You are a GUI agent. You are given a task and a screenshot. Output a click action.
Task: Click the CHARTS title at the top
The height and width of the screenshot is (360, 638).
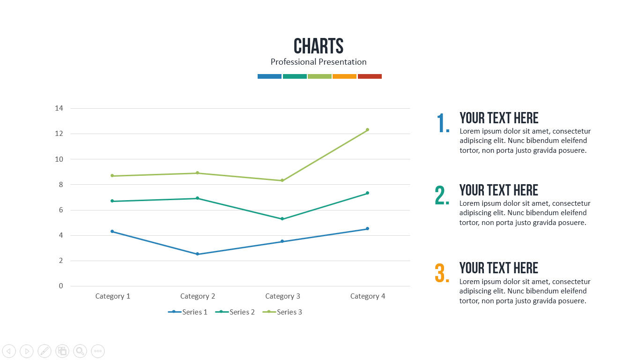(319, 46)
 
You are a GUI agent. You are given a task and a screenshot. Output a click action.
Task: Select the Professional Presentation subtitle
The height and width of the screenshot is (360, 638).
(319, 62)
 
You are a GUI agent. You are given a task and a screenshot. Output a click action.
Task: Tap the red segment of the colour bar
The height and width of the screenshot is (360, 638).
(370, 76)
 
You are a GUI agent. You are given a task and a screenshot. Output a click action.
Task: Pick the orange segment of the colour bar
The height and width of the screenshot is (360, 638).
(345, 76)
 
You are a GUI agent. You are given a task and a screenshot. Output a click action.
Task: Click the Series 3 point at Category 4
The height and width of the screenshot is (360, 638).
(367, 130)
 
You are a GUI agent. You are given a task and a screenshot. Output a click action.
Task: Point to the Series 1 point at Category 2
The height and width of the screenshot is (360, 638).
(197, 254)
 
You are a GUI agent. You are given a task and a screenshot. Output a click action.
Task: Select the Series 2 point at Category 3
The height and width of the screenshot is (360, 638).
(282, 219)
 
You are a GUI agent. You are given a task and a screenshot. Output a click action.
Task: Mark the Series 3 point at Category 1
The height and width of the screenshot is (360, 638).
(112, 176)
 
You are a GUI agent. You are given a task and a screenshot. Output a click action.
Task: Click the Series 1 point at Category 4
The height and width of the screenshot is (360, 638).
(367, 229)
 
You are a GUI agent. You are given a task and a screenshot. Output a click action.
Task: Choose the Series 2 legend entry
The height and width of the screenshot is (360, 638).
(236, 312)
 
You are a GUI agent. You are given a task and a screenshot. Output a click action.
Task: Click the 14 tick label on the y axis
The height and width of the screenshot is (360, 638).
(59, 108)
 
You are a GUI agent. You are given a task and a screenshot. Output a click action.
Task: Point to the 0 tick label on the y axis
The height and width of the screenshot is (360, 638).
(61, 286)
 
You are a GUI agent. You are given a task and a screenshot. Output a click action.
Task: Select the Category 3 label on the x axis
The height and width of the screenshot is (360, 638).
(282, 296)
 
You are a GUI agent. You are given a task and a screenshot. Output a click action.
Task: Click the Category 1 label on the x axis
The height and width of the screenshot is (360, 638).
(112, 296)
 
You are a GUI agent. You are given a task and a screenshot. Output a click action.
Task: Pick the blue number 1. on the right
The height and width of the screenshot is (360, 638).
(443, 123)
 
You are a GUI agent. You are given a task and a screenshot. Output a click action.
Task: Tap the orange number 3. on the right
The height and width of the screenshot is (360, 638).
(442, 273)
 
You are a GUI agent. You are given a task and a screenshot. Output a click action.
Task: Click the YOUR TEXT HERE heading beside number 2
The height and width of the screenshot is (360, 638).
(499, 190)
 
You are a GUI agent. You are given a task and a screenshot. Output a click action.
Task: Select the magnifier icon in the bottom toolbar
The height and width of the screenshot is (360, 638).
(80, 351)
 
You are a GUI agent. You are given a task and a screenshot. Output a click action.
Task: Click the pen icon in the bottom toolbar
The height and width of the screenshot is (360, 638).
(45, 351)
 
